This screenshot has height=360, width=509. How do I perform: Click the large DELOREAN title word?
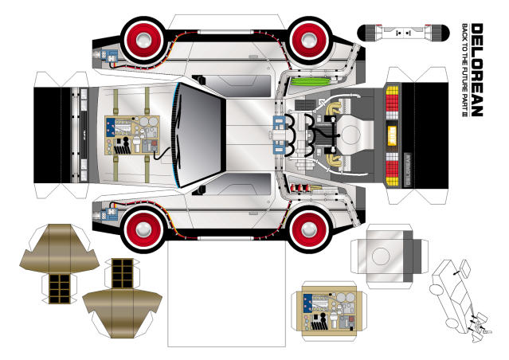(477, 69)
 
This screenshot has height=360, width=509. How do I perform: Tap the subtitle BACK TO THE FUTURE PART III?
(465, 70)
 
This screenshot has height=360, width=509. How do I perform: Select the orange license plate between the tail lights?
(392, 135)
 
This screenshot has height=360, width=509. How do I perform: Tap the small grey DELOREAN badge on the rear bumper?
(408, 170)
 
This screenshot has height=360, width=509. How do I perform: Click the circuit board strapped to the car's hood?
(132, 135)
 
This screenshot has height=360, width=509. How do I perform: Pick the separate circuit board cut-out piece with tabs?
(329, 311)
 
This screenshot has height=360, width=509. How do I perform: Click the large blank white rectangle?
(226, 293)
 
